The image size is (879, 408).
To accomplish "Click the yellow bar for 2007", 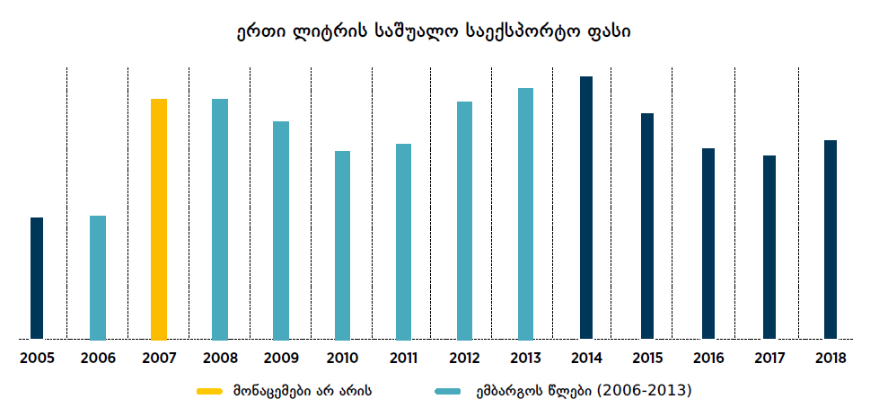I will pyautogui.click(x=159, y=219).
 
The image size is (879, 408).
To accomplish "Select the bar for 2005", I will pyautogui.click(x=37, y=279).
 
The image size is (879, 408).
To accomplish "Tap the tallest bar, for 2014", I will pyautogui.click(x=586, y=208).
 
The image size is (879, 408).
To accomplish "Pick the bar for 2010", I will pyautogui.click(x=342, y=245).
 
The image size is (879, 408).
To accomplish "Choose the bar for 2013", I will pyautogui.click(x=525, y=214).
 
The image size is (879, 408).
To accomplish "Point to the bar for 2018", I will pyautogui.click(x=831, y=240).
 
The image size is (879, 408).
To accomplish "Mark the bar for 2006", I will pyautogui.click(x=98, y=278).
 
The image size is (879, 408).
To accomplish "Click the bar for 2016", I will pyautogui.click(x=708, y=244).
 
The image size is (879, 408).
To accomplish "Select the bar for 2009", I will pyautogui.click(x=281, y=231).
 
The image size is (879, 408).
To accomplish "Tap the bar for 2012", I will pyautogui.click(x=464, y=221).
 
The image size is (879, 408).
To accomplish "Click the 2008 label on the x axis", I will pyautogui.click(x=220, y=359).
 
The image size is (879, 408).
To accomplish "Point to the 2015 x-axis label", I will pyautogui.click(x=647, y=359).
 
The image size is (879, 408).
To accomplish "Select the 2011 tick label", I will pyautogui.click(x=403, y=359).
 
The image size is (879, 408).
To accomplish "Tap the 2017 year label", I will pyautogui.click(x=769, y=359).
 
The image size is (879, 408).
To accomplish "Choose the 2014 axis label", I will pyautogui.click(x=586, y=359).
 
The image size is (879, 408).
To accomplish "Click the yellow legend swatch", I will pyautogui.click(x=209, y=392).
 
